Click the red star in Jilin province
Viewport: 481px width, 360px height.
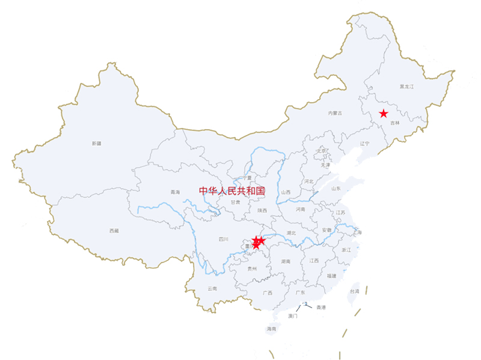[x=384, y=114]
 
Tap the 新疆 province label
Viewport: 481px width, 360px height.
[x=97, y=143]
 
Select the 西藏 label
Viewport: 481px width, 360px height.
[x=114, y=231]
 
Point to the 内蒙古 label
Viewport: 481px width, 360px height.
[x=335, y=113]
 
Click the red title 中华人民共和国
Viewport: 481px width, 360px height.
[x=232, y=191]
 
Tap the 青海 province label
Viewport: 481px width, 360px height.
[x=175, y=192]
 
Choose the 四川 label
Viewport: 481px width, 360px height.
[x=224, y=239]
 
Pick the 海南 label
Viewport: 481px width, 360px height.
[x=271, y=329]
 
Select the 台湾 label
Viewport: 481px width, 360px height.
[x=354, y=291]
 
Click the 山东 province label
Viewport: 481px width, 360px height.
[x=335, y=188]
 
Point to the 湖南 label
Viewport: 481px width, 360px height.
[x=286, y=261]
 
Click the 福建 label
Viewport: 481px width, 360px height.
[x=332, y=276]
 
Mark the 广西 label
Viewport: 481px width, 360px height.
[x=267, y=293]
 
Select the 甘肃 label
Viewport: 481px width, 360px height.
[x=235, y=203]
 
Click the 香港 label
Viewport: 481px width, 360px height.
[x=320, y=307]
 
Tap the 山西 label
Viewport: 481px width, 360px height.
[x=286, y=192]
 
